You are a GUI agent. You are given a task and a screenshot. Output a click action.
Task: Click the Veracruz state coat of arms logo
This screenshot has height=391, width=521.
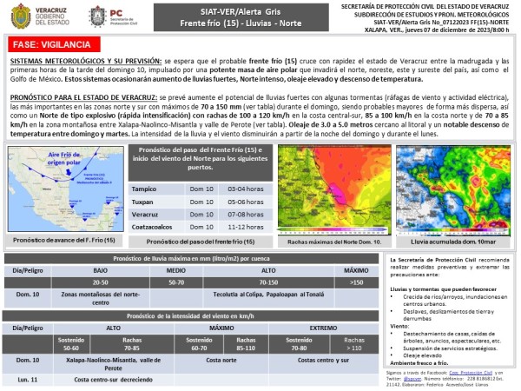coord(21,15)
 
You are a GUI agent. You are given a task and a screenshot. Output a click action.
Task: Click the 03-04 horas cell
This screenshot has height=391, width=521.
coord(246,189)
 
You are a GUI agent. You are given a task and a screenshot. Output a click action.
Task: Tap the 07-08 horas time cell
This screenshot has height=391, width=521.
coord(246,215)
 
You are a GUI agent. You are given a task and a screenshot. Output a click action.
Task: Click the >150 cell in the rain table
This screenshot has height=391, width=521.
coord(355,282)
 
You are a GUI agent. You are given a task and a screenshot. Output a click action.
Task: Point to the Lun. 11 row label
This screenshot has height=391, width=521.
coord(24,380)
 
